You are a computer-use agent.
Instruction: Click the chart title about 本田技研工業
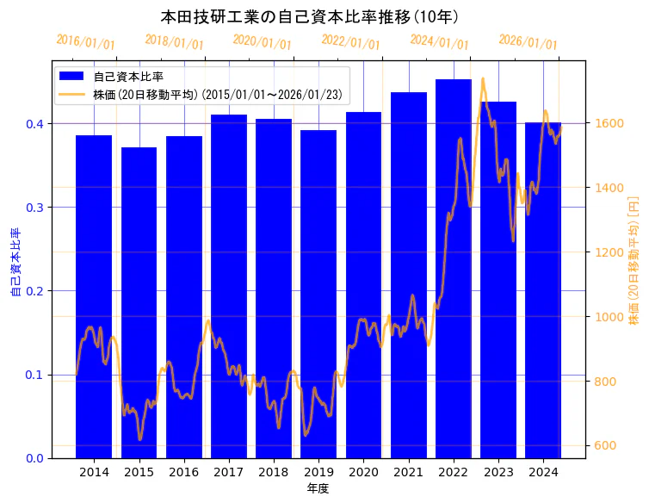309,16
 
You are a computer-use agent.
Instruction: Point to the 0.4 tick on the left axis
35,123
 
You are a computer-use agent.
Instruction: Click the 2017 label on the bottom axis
229,472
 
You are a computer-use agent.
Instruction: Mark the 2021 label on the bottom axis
409,472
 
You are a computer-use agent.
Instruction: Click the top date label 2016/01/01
85,42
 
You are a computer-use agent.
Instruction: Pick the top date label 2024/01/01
439,42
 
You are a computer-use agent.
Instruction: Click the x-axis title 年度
318,488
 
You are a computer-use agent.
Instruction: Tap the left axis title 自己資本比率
15,263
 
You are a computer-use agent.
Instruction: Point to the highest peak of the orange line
483,78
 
